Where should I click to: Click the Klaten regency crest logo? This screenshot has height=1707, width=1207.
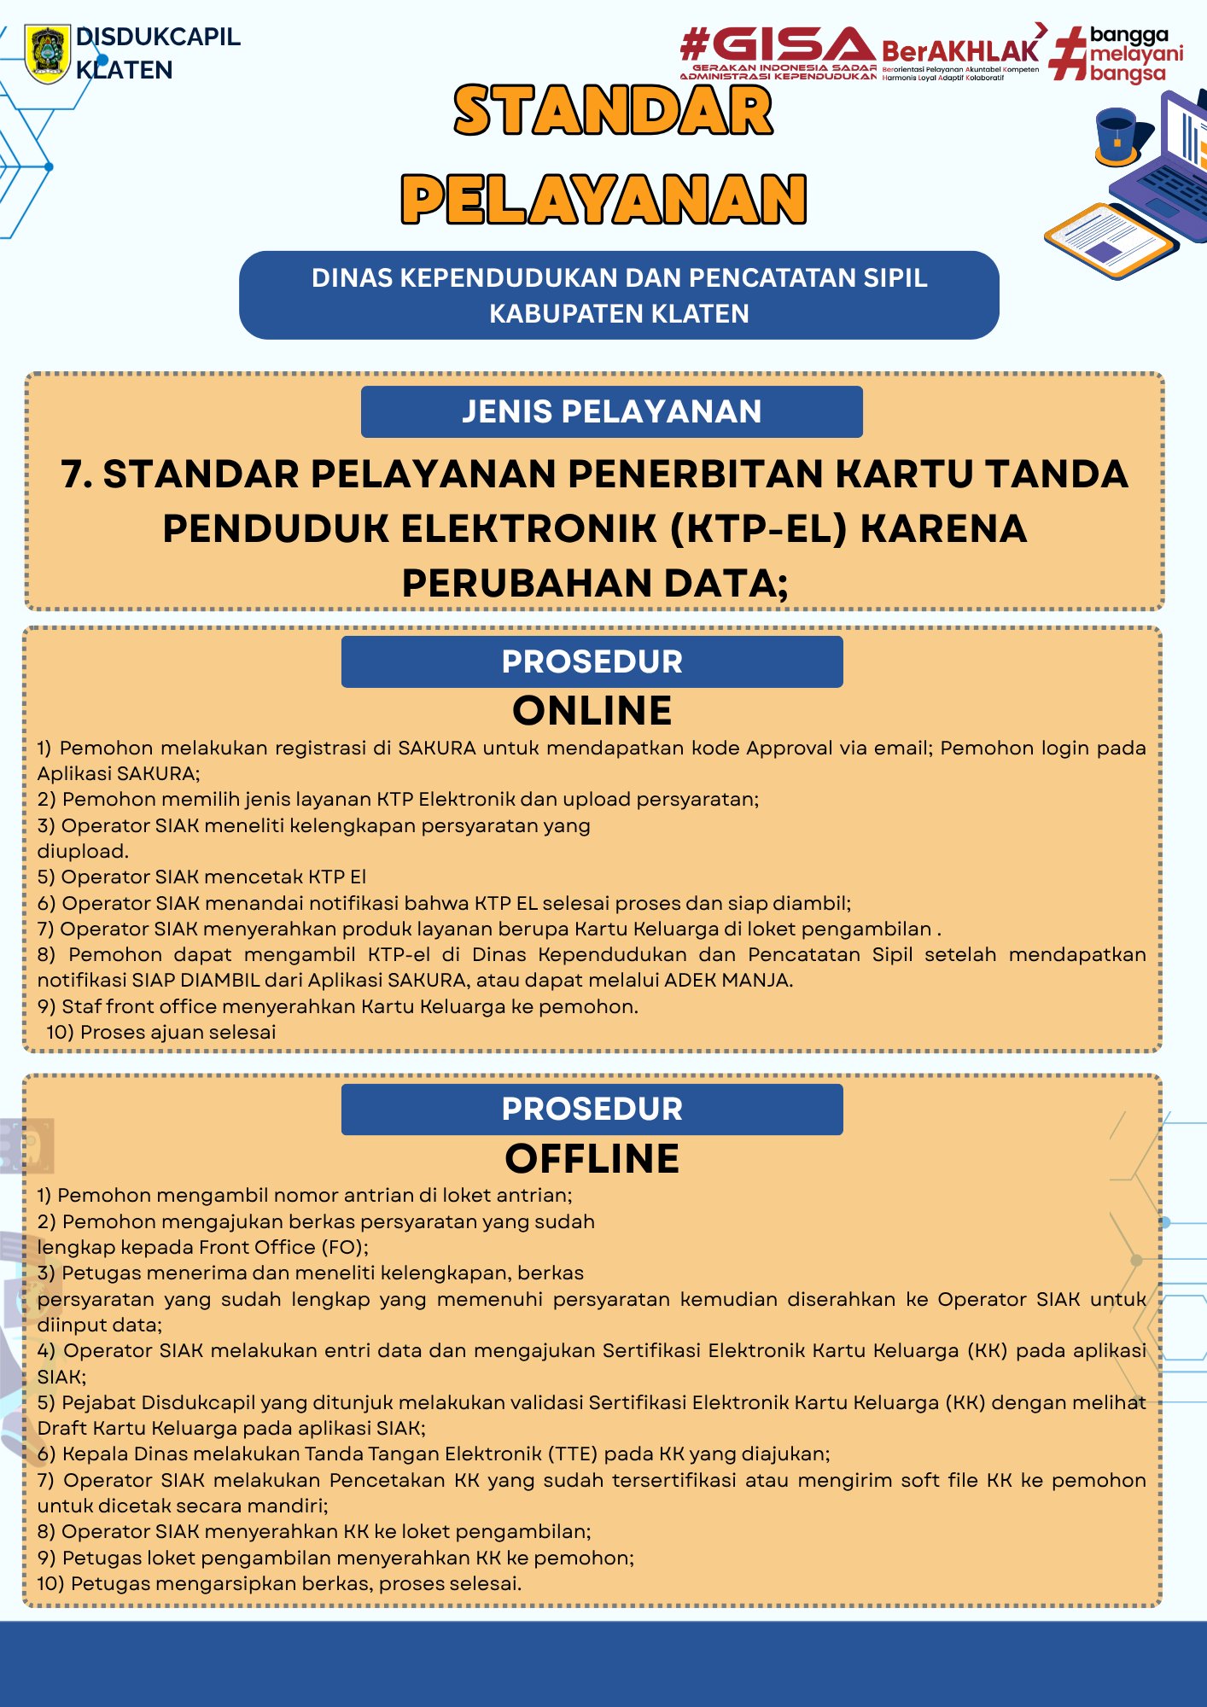pos(48,54)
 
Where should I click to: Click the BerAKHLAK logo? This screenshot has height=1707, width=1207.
pos(961,54)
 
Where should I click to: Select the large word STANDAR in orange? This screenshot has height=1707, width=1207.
pos(613,111)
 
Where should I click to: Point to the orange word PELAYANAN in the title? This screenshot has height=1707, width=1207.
pos(603,200)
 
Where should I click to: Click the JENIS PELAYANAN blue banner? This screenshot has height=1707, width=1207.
pos(611,411)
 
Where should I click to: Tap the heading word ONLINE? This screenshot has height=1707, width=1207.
pos(592,711)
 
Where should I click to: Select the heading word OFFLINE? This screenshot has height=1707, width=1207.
pos(592,1159)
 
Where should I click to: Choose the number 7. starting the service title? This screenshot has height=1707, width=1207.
pos(77,475)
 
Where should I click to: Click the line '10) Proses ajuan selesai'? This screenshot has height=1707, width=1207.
pos(161,1032)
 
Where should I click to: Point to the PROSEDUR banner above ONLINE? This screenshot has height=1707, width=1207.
pos(592,661)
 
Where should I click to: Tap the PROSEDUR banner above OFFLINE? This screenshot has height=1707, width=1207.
pos(592,1109)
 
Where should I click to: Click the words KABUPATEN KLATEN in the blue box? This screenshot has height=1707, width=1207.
pos(619,314)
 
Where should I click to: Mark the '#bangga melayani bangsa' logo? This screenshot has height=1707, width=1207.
pos(1118,55)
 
